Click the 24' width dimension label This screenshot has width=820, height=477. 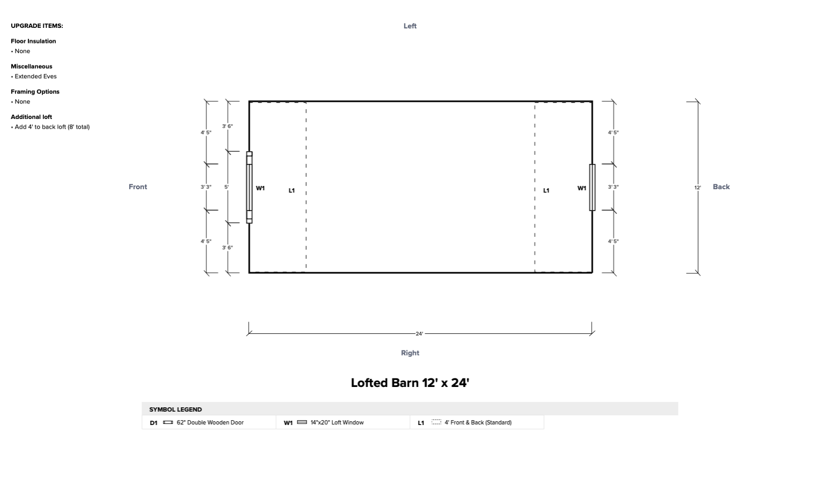(x=419, y=334)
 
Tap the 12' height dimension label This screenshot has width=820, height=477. (x=697, y=188)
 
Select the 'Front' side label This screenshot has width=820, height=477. (x=138, y=187)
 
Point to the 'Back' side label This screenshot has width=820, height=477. (x=721, y=187)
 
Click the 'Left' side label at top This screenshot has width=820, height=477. (x=410, y=26)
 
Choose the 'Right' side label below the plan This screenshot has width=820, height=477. (x=410, y=353)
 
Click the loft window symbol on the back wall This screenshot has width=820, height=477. (x=592, y=188)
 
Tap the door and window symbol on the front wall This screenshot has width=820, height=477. (x=249, y=187)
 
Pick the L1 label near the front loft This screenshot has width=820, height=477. (x=292, y=190)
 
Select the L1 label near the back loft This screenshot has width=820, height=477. (x=546, y=190)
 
